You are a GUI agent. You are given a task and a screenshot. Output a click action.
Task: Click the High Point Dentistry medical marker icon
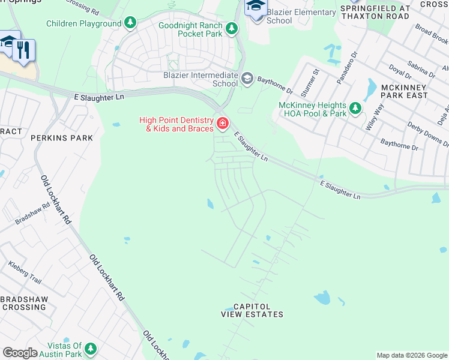[223, 124]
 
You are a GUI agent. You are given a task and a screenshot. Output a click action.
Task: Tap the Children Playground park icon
[130, 24]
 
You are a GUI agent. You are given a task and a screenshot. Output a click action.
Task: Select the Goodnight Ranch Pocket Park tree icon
[231, 28]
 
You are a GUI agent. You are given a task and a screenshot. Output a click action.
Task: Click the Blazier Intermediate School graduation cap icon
[247, 79]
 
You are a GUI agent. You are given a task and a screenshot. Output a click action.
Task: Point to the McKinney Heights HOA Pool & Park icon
[356, 108]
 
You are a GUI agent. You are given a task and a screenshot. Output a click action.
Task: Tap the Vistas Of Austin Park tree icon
[91, 349]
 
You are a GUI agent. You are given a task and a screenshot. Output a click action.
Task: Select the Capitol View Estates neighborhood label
[252, 310]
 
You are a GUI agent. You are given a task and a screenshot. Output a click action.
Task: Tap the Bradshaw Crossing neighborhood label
[23, 303]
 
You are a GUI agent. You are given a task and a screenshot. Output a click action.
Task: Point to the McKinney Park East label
[405, 91]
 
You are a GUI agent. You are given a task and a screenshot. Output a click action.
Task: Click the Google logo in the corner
[20, 353]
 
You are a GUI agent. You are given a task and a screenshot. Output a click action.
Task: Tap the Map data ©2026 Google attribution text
[411, 355]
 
